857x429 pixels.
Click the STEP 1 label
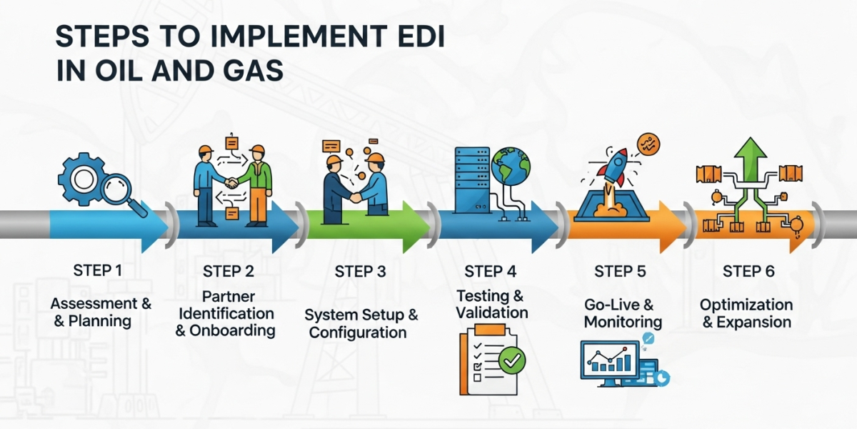[x=98, y=270]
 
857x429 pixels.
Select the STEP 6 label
[x=748, y=271]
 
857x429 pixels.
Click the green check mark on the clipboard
[x=511, y=360]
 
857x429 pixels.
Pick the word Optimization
[x=746, y=305]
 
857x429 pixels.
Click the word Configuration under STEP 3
[x=358, y=332]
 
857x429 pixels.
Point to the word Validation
[x=493, y=312]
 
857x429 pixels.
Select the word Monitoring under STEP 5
[x=623, y=322]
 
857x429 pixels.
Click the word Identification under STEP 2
[x=226, y=313]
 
